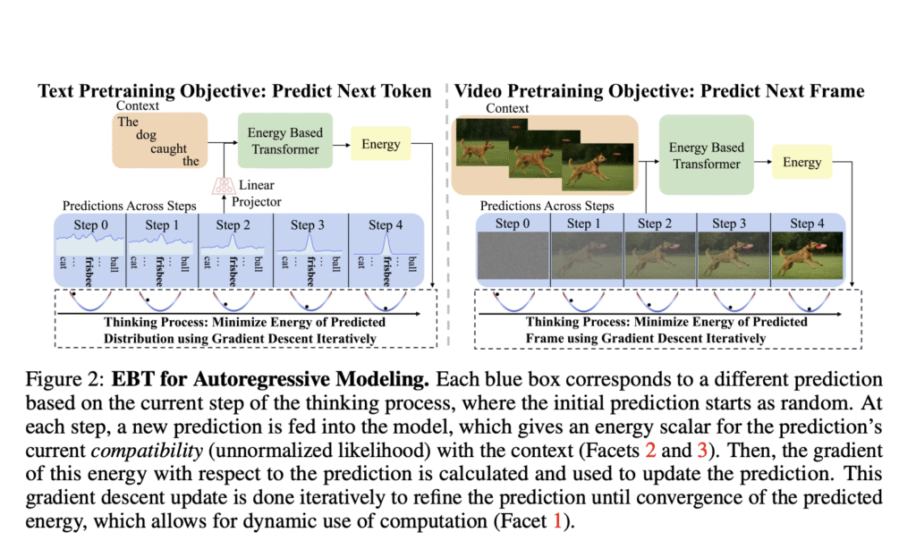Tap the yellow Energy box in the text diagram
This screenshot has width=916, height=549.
click(x=381, y=143)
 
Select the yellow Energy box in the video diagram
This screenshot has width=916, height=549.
click(x=801, y=162)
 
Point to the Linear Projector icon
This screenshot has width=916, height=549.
click(x=220, y=185)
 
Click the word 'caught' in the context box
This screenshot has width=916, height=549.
click(x=168, y=149)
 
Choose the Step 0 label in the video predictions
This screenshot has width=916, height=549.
click(x=513, y=224)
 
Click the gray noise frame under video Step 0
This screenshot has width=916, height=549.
click(x=513, y=258)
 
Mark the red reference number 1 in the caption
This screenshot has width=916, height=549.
click(x=557, y=519)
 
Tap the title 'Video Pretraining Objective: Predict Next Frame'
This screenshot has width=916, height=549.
click(x=659, y=91)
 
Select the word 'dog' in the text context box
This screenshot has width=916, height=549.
click(x=146, y=136)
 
